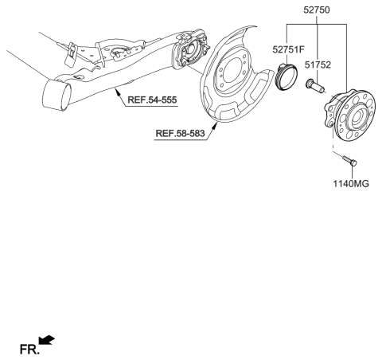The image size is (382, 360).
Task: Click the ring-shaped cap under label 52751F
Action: point(285,80)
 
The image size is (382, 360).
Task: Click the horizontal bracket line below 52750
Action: point(317,25)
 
